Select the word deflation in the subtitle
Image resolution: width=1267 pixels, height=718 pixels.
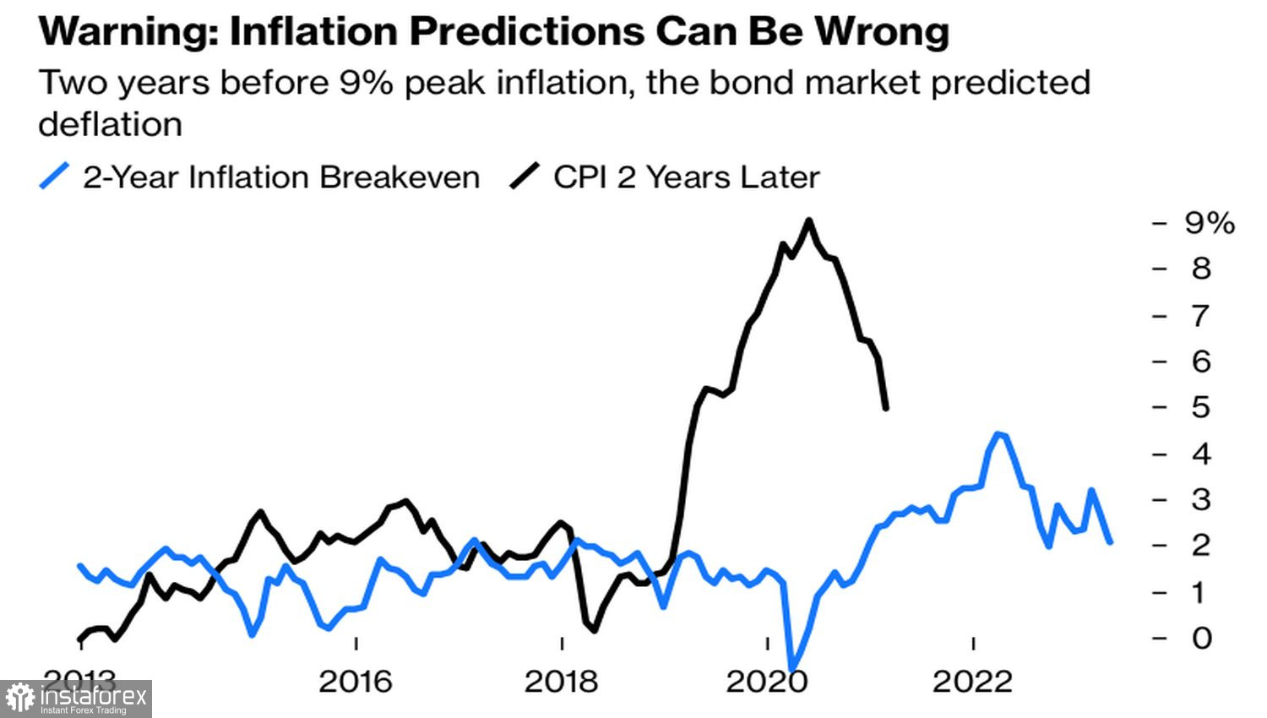(x=111, y=124)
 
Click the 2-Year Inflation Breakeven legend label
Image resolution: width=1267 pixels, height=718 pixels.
(x=281, y=177)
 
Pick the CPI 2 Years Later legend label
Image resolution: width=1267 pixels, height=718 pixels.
(x=687, y=177)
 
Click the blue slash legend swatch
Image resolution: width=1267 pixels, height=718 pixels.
(x=55, y=177)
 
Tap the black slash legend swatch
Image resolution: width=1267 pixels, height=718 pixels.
(x=525, y=177)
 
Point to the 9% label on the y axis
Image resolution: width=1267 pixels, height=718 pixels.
(x=1210, y=223)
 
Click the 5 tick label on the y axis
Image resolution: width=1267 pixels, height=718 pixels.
(x=1201, y=407)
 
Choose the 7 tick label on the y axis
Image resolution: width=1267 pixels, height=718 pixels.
(x=1201, y=316)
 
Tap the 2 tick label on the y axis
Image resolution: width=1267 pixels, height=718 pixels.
(x=1201, y=546)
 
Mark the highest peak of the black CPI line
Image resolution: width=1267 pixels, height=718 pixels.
(x=809, y=220)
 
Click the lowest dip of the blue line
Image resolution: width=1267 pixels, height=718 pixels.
(x=792, y=670)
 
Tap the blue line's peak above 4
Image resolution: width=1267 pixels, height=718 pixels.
(x=999, y=434)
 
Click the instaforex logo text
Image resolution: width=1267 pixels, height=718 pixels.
(x=93, y=697)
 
